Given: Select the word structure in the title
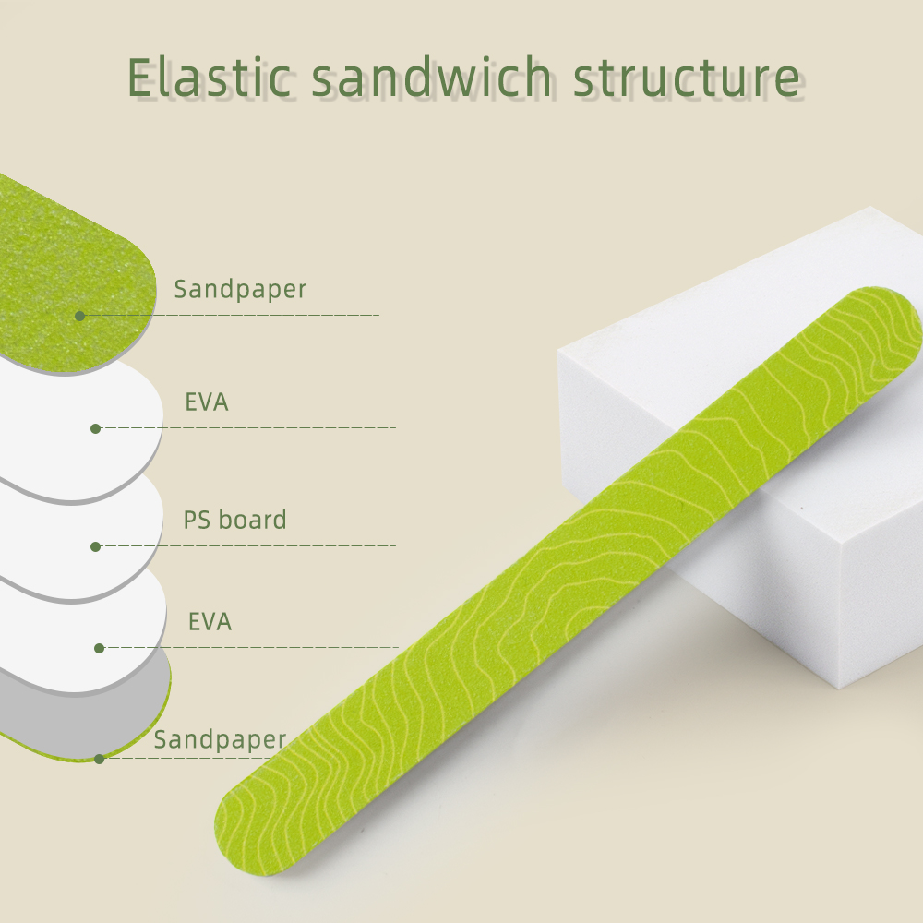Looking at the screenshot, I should coord(687,79).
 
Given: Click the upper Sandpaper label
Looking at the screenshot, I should coord(240,289).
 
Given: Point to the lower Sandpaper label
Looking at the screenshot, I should coord(220,739).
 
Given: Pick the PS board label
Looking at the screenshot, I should coord(234,520).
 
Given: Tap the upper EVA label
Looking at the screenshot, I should coord(207,402).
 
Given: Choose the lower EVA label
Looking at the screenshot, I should coord(210,621).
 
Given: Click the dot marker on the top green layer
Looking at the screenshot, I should coord(80,316).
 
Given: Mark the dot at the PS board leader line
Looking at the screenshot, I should coord(95,546).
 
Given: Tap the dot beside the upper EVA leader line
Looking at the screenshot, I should coord(95,428).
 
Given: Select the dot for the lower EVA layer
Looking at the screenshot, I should coord(100,648).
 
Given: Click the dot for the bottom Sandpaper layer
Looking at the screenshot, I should coord(100,759).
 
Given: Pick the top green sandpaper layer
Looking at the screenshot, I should coord(65,268).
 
